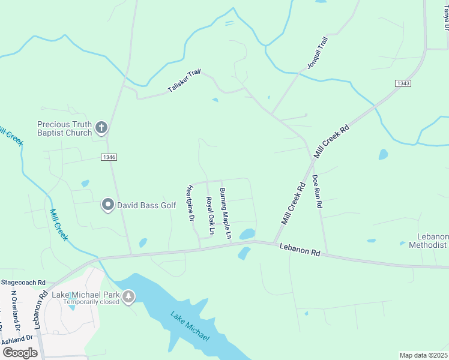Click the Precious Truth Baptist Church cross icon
[x=101, y=127]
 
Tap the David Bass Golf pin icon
[x=108, y=205]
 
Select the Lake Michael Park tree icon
[x=127, y=296]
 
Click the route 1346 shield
[x=109, y=157]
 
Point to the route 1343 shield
[x=403, y=83]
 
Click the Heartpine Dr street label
[x=191, y=203]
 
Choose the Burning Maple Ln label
[x=224, y=214]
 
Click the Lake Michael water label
[x=190, y=326]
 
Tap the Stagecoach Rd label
[x=23, y=282]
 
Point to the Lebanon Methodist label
[x=428, y=241]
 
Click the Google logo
[x=20, y=352]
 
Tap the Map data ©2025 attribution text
[x=423, y=355]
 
